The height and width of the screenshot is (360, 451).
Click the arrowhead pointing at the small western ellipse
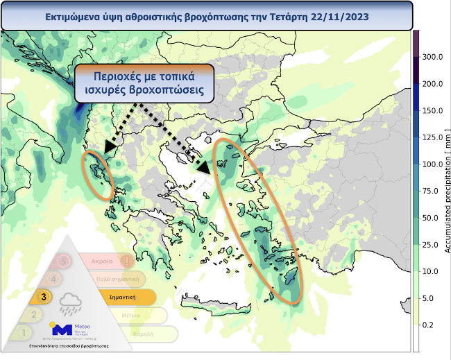[x=108, y=148]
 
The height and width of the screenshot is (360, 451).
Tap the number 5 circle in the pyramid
[x=64, y=262]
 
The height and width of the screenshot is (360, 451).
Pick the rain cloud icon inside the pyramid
[x=71, y=302]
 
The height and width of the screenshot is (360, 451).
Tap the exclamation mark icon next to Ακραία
[x=126, y=262]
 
